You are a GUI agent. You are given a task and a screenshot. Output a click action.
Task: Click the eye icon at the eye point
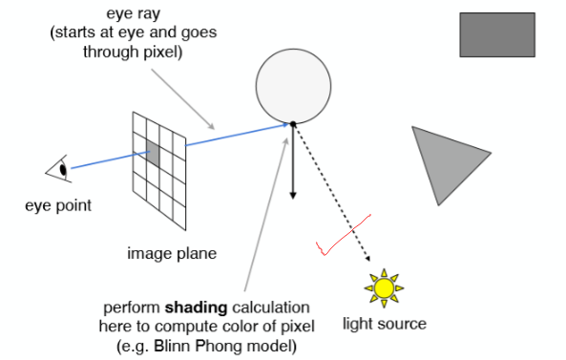(59, 171)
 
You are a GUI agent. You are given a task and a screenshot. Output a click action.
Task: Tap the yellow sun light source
(384, 286)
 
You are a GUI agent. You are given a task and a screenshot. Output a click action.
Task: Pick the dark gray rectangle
(496, 34)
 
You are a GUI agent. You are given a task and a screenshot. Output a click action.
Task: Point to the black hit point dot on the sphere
(293, 123)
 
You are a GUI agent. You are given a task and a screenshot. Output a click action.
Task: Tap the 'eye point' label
(60, 205)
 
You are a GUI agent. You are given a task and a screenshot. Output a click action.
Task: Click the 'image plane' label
(172, 254)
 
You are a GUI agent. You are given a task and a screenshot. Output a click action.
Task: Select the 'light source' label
(385, 324)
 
